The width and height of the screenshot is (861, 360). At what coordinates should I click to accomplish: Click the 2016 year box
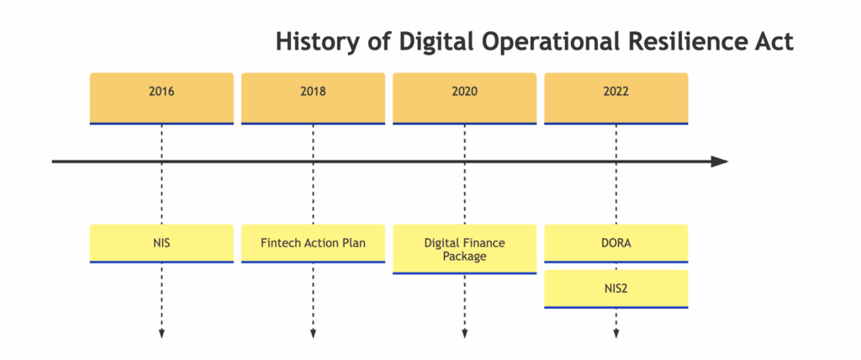[x=161, y=98]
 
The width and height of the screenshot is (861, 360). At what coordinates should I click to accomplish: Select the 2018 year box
[x=313, y=98]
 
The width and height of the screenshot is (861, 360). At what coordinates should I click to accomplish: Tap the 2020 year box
[x=464, y=98]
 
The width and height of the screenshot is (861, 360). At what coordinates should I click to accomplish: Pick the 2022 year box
[x=616, y=98]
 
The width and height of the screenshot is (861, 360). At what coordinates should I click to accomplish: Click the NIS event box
[x=161, y=243]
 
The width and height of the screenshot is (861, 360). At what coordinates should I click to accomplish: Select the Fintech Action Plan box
[x=313, y=243]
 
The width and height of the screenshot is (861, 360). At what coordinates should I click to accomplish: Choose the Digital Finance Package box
[x=464, y=249]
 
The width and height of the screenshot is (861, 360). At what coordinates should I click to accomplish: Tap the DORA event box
[x=616, y=243]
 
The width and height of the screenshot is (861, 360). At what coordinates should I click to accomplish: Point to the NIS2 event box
[x=616, y=289]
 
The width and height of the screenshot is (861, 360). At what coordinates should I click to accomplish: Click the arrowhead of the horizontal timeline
[x=720, y=161]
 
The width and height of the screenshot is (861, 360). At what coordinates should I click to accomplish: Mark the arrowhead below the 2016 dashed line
[x=161, y=334]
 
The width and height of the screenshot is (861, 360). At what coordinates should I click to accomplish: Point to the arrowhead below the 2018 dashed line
[x=313, y=334]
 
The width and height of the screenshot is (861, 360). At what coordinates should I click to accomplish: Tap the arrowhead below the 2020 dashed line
[x=464, y=334]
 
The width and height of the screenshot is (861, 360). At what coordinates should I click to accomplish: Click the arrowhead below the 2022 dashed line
[x=616, y=334]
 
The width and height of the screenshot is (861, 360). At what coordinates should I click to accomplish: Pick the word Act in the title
[x=771, y=42]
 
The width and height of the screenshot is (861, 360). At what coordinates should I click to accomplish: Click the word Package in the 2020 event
[x=464, y=257]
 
